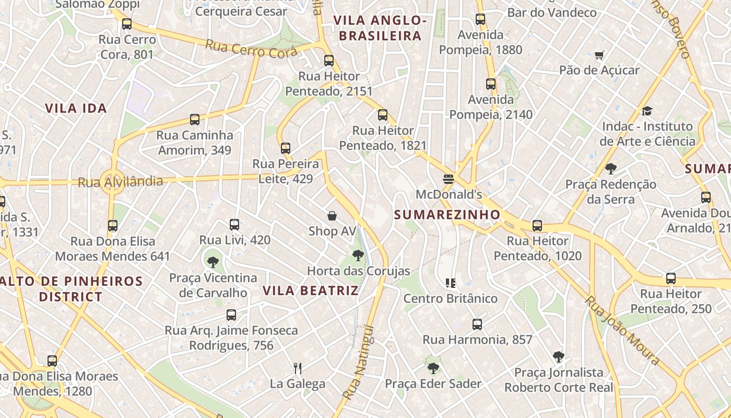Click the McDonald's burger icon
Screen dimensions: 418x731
pos(448,179)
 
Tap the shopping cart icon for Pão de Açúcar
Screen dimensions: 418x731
pos(599,55)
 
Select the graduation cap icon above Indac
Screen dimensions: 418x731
pos(647,111)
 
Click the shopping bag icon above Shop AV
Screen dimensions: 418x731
pos(332,216)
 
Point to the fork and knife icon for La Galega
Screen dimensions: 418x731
pos(298,368)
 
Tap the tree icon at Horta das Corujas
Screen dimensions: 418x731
pos(358,256)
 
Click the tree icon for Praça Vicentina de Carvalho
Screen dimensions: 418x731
pos(213,262)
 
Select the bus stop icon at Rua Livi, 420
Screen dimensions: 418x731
pos(234,225)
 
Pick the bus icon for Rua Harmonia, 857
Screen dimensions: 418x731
pos(477,324)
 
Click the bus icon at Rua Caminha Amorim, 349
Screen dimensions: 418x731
pos(195,120)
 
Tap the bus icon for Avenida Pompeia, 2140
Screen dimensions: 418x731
pos(491,84)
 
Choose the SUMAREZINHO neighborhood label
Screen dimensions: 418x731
pos(447,215)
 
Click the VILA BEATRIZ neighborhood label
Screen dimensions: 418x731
pos(311,291)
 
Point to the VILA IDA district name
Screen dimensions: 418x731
pos(76,108)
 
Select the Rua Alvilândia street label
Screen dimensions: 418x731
pos(120,182)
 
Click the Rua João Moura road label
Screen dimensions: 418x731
pos(622,330)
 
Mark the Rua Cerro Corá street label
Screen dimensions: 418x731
pos(251,49)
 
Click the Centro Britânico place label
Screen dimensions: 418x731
pos(451,298)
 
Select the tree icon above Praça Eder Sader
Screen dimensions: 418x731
pos(433,368)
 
